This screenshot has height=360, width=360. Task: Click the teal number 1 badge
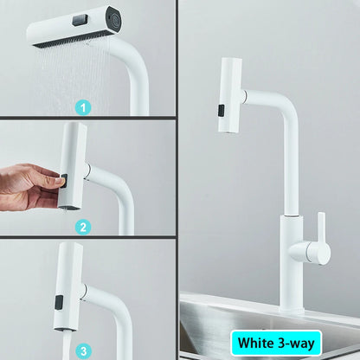click(x=83, y=107)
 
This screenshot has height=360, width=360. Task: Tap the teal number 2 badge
click(x=83, y=228)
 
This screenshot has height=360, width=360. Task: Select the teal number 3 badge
click(x=83, y=350)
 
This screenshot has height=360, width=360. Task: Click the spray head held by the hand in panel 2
click(x=73, y=164)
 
